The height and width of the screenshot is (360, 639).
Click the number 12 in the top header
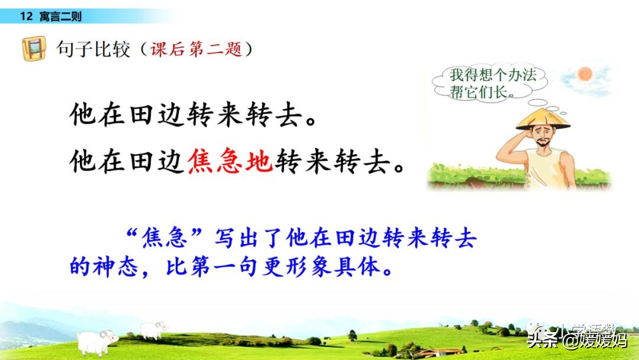26,17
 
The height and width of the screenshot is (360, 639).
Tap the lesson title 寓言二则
61,17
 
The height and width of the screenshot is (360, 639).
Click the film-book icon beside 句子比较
34,49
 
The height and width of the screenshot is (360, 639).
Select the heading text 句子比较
93,49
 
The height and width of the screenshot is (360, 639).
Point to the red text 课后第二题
196,49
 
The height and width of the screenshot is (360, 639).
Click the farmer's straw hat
543,118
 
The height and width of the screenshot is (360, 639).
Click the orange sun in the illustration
585,74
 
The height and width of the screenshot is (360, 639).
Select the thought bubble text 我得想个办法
493,75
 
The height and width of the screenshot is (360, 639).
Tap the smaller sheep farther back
153,329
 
